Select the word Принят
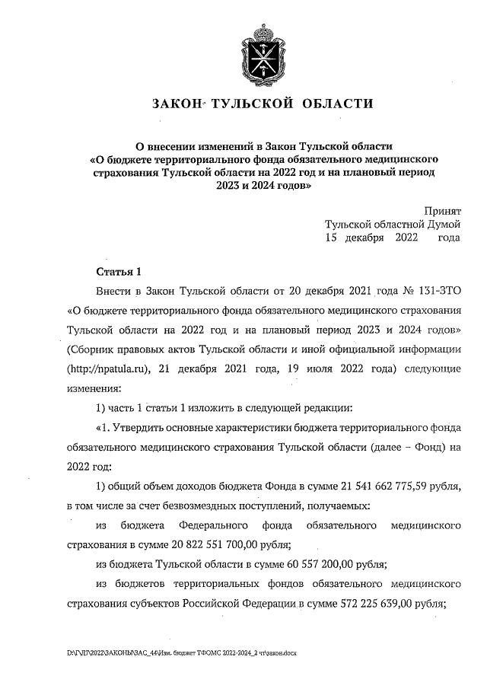(442, 210)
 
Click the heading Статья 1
(119, 272)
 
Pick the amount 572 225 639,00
(357, 604)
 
